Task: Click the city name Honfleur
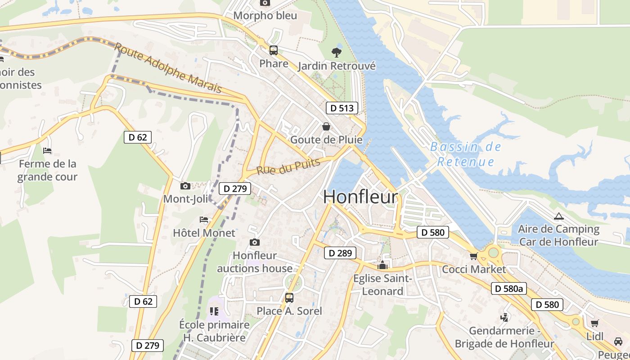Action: (360, 197)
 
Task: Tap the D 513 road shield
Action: (342, 108)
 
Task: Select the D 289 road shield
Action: (340, 253)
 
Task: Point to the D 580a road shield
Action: (508, 288)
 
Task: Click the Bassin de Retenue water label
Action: (465, 154)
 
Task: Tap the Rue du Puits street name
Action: (288, 166)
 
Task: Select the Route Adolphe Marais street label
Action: (168, 68)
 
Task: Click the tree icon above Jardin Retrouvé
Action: (336, 52)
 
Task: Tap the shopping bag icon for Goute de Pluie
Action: (326, 126)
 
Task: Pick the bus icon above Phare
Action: (274, 50)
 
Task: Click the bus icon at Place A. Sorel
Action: (289, 297)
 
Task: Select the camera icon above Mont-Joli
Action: (185, 186)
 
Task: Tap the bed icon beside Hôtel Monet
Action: (204, 220)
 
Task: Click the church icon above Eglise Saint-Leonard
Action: (382, 265)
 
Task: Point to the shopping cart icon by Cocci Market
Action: (473, 256)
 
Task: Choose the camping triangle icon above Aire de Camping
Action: (558, 216)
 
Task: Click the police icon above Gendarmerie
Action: (504, 317)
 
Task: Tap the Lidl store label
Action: (594, 336)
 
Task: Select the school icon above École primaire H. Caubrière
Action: (214, 311)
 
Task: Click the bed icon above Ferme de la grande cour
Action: (47, 150)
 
